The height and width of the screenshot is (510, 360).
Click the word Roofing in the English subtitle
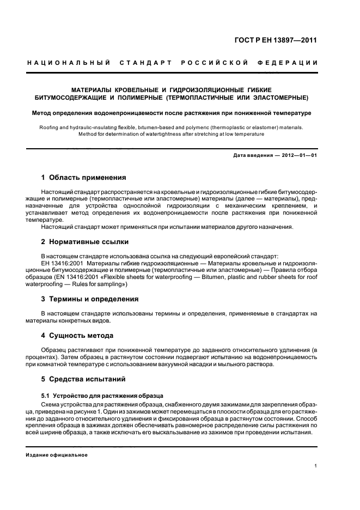(51, 127)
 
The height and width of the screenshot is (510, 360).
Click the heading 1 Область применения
(84, 178)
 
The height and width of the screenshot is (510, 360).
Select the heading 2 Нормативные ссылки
(85, 241)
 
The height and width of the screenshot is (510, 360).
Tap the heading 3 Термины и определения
(90, 299)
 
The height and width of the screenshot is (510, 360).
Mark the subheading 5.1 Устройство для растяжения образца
(99, 395)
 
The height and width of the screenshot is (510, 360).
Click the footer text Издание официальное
(57, 455)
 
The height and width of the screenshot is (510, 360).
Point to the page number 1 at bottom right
(316, 465)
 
